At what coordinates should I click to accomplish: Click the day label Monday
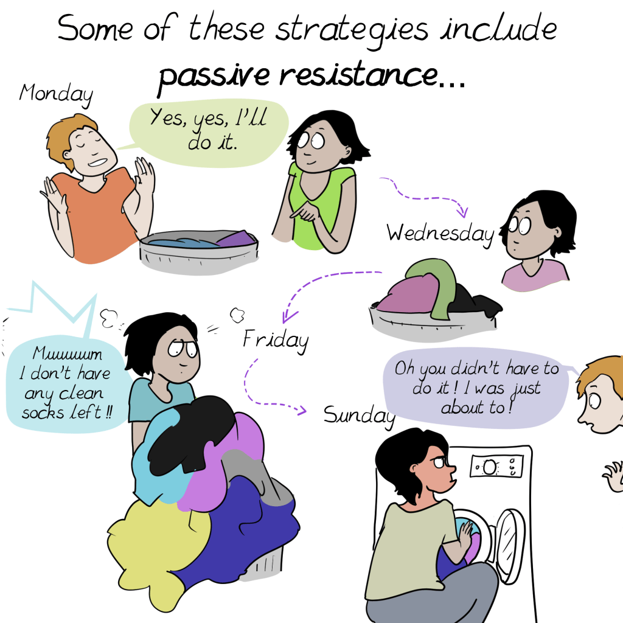point(56,94)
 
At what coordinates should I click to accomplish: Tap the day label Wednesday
point(440,233)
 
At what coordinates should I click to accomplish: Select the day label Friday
point(276,340)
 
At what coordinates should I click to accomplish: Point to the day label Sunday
point(360,416)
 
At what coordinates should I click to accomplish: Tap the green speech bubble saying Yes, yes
point(209,133)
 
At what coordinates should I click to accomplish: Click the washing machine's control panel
point(496,466)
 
